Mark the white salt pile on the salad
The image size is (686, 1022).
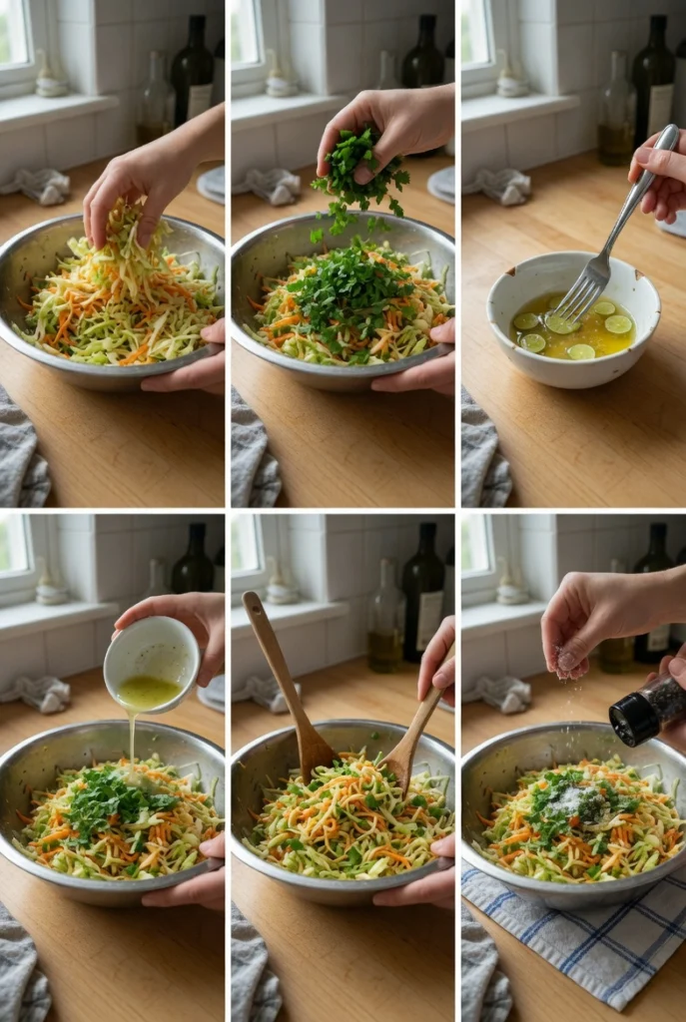tap(574, 798)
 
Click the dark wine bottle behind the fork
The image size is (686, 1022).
tap(653, 90)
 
